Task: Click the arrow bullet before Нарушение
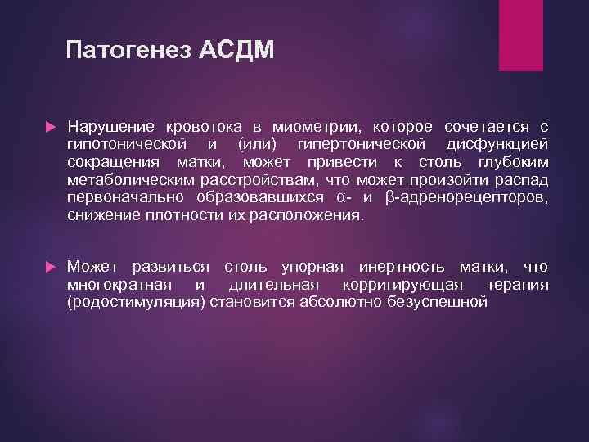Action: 49,128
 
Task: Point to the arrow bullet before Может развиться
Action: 49,267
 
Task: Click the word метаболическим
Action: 124,180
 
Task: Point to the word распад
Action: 523,180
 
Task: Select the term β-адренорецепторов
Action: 465,198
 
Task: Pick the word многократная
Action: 119,285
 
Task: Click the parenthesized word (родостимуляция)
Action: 137,303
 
